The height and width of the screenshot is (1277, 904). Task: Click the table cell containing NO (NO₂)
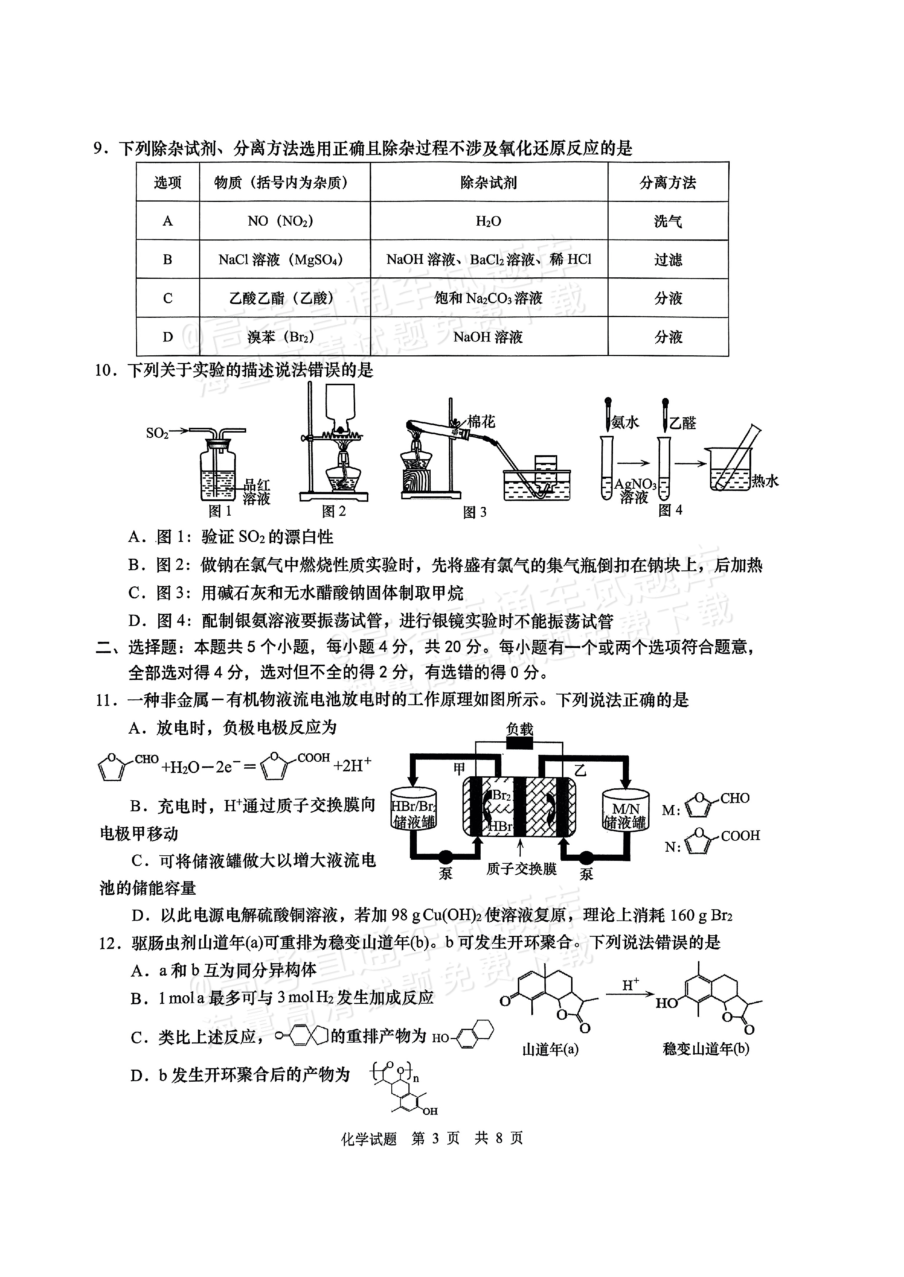(284, 221)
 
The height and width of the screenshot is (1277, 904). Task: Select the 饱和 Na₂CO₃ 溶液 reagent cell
(489, 298)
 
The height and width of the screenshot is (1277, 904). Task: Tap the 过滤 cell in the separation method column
(668, 260)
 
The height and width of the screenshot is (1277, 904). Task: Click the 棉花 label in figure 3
(481, 422)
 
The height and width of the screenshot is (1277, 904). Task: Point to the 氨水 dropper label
(625, 423)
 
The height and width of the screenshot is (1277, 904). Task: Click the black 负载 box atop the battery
(519, 744)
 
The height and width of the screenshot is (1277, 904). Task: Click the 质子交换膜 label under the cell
(521, 869)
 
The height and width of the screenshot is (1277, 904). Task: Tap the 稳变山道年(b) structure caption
(706, 1049)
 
